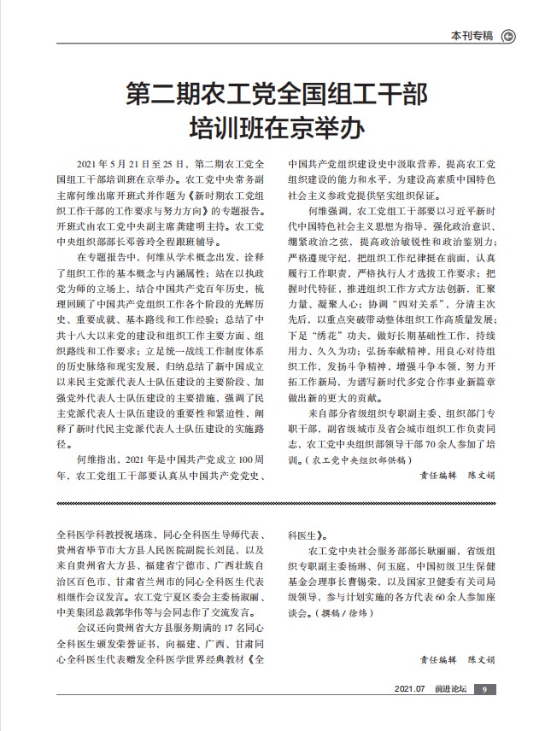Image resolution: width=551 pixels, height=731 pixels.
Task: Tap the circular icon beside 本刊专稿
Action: click(x=507, y=35)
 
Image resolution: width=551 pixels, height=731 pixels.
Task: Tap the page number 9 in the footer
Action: click(x=483, y=689)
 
